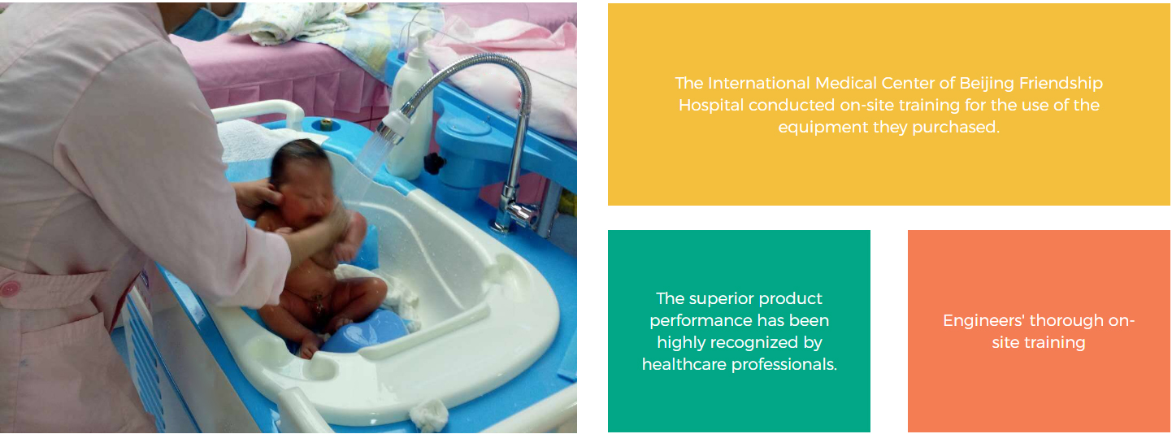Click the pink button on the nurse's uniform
(9, 289)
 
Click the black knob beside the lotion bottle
(434, 163)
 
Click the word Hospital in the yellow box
(711, 106)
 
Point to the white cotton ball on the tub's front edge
(429, 415)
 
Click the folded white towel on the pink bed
(290, 22)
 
